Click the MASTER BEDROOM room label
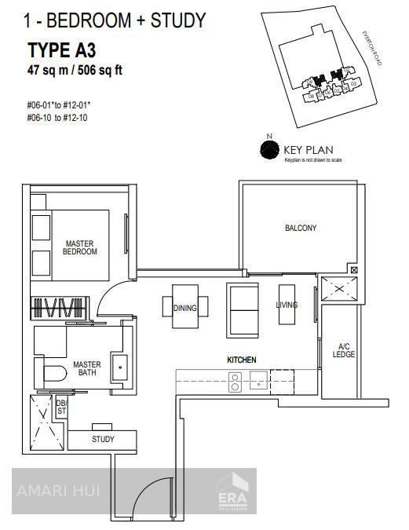pyautogui.click(x=81, y=247)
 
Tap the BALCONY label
pyautogui.click(x=300, y=228)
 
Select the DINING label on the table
pyautogui.click(x=185, y=308)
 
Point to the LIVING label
pyautogui.click(x=287, y=305)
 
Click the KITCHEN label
pyautogui.click(x=242, y=360)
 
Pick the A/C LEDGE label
pyautogui.click(x=345, y=350)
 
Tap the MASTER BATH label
pyautogui.click(x=86, y=369)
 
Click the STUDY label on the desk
pyautogui.click(x=103, y=439)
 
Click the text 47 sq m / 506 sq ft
pyautogui.click(x=75, y=71)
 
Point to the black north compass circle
pyautogui.click(x=269, y=148)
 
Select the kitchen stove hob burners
pyautogui.click(x=234, y=382)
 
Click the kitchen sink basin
pyautogui.click(x=257, y=382)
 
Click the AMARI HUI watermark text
pyautogui.click(x=52, y=492)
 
